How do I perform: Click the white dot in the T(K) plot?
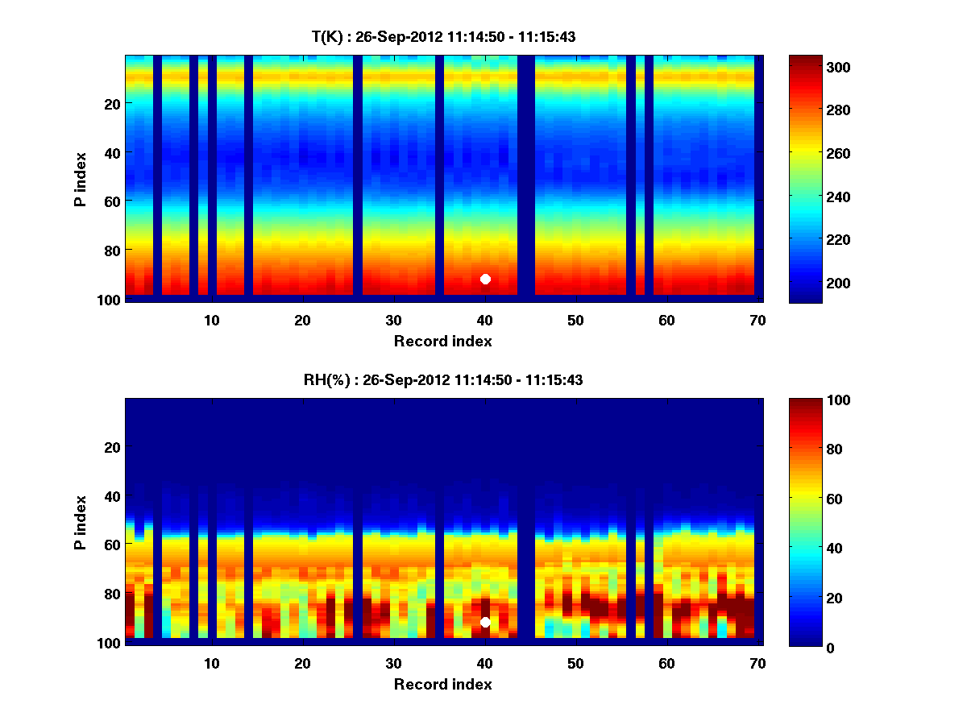click(x=485, y=279)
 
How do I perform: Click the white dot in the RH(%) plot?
click(x=485, y=622)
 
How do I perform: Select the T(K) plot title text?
click(x=443, y=36)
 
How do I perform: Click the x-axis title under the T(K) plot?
click(x=443, y=341)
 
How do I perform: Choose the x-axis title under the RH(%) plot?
click(x=443, y=684)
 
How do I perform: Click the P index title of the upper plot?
click(x=81, y=177)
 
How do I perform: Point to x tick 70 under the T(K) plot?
click(x=757, y=320)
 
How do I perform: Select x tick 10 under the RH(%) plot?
click(x=211, y=663)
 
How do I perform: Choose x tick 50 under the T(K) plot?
click(x=575, y=320)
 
